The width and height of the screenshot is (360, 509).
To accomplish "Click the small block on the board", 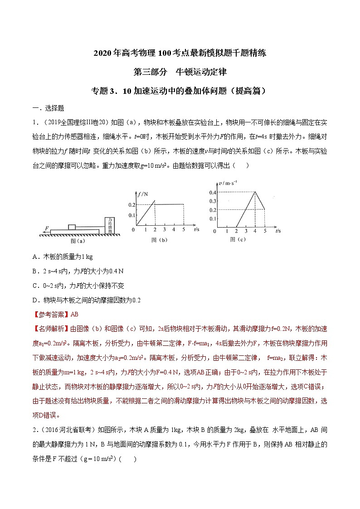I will [x=72, y=227].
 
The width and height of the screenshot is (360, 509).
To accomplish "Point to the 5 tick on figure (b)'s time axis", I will [x=184, y=230].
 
